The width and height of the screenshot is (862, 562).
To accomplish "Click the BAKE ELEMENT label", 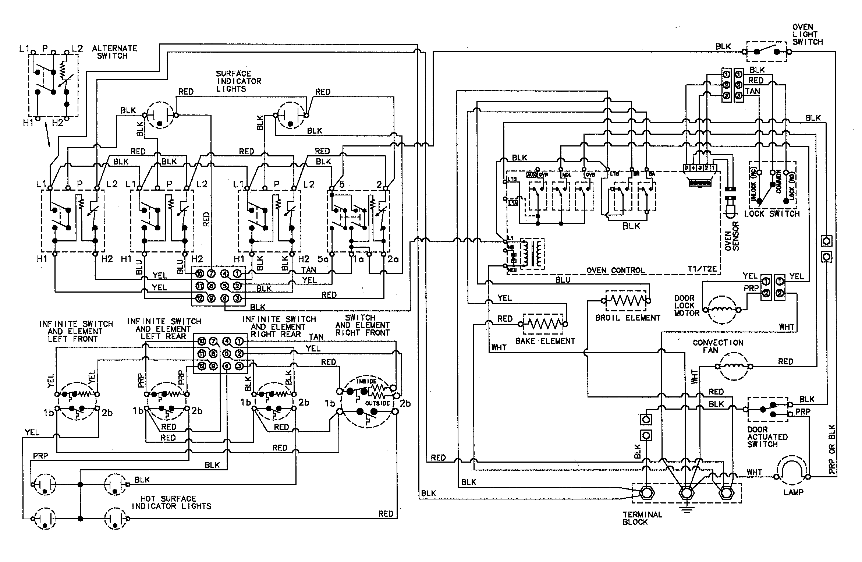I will tap(544, 341).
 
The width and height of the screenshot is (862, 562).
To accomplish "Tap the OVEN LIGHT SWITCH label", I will tap(807, 35).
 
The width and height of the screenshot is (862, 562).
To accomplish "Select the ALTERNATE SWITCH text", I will tap(114, 52).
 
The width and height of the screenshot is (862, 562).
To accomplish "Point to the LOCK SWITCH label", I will tap(772, 214).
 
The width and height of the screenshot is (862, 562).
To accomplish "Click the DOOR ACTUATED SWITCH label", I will tap(767, 437).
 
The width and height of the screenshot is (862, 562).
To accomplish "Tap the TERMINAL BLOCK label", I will tap(642, 518).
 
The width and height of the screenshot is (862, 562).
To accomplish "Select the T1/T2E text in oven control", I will tap(702, 269).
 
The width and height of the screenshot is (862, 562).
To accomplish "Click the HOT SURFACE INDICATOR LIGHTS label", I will tap(171, 502).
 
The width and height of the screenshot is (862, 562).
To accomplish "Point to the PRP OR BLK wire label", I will tap(832, 449).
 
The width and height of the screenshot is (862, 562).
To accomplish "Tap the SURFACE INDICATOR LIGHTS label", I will tap(238, 81).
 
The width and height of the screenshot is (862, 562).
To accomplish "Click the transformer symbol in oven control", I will tap(532, 254).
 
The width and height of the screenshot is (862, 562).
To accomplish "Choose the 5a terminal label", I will tap(323, 259).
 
